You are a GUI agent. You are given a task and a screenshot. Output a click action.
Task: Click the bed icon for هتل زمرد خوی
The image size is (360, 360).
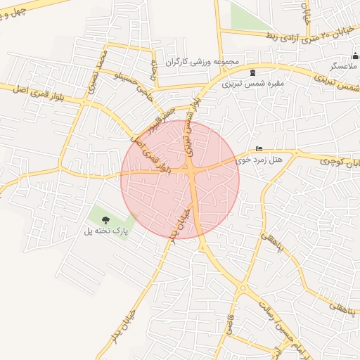[260, 149]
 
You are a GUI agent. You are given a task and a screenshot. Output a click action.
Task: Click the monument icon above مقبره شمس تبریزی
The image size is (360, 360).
[252, 72]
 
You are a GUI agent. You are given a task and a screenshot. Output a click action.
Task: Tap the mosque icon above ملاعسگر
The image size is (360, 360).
[354, 56]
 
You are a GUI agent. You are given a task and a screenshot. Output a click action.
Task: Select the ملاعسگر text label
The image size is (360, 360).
[345, 66]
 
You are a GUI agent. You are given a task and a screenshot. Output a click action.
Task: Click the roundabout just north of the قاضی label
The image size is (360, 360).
[243, 288]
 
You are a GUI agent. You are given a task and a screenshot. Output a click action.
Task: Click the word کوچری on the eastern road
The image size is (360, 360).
[335, 161]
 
